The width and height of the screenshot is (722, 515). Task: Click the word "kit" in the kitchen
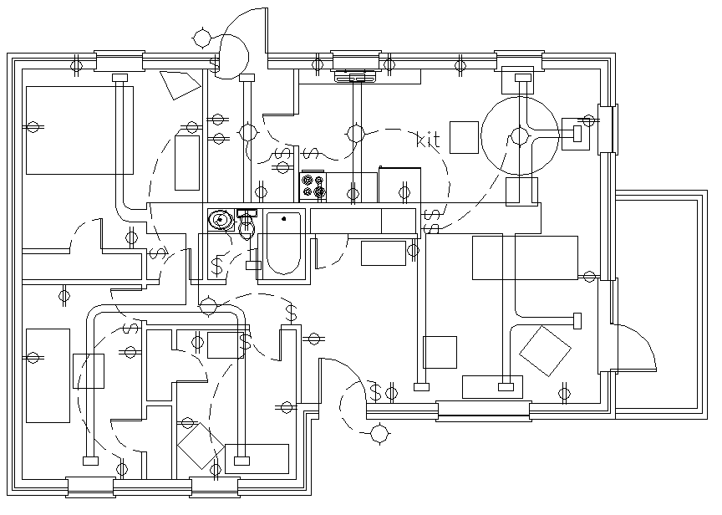pos(428,140)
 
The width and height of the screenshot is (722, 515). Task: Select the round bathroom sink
pos(221,219)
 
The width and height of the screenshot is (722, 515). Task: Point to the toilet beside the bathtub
pos(247,226)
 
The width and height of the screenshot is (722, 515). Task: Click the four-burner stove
pos(313,186)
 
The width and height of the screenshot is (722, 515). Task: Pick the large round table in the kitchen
pos(521,135)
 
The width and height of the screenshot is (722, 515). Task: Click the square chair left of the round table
pos(464,137)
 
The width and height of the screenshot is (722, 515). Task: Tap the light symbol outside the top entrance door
pos(201,37)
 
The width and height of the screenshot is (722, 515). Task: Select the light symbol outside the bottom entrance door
pos(379,433)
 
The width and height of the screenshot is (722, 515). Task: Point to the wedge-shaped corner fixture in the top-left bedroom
pos(179,84)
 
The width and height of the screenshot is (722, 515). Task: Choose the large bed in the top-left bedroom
pos(79,129)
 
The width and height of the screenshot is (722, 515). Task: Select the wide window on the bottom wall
pos(483,410)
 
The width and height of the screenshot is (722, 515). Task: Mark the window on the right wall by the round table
pos(607,130)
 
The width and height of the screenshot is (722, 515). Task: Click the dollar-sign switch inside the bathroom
pos(217,266)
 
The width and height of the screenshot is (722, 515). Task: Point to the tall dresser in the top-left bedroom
pos(187,161)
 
